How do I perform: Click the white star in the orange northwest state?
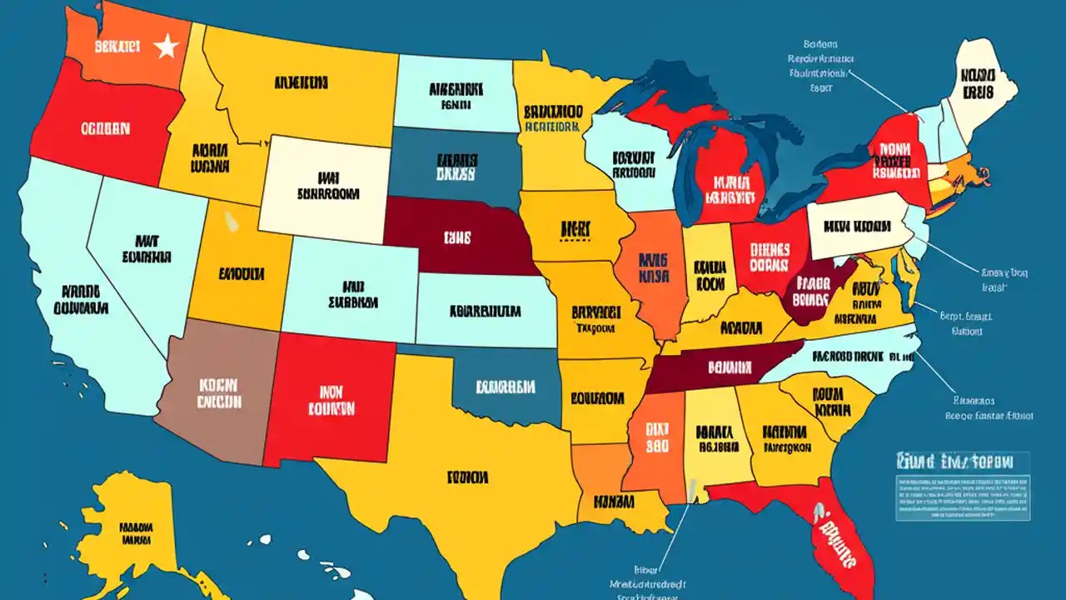pos(167,47)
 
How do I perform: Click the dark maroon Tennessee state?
pos(716,367)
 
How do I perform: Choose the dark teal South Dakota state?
pos(456,167)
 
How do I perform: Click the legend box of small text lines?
pos(962,497)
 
